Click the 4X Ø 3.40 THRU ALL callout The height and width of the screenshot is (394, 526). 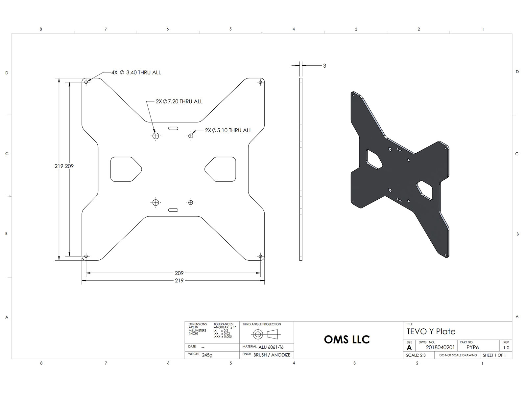pyautogui.click(x=136, y=73)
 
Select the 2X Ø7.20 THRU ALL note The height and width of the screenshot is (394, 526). pyautogui.click(x=179, y=101)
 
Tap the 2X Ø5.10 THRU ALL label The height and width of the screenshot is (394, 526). pyautogui.click(x=228, y=130)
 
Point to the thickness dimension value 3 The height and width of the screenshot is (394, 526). pyautogui.click(x=324, y=66)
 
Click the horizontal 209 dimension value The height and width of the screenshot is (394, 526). pyautogui.click(x=179, y=273)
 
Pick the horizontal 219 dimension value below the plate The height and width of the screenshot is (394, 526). pyautogui.click(x=179, y=281)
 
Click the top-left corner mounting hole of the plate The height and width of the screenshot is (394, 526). pyautogui.click(x=86, y=82)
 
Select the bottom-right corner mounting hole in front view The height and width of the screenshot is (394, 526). pyautogui.click(x=260, y=256)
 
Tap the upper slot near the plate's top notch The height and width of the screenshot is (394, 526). pyautogui.click(x=173, y=128)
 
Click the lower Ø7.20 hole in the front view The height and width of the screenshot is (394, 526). pyautogui.click(x=156, y=203)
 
